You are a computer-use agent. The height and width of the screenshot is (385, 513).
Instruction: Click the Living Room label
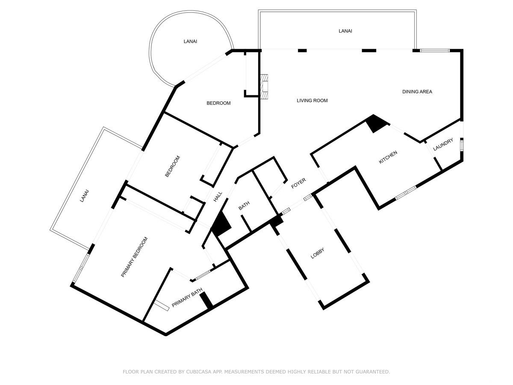[312, 101]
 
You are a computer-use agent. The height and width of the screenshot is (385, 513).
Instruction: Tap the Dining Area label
[417, 92]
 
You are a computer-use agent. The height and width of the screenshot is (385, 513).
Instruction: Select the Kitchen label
[388, 157]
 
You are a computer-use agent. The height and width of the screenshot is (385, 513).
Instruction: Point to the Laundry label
[443, 145]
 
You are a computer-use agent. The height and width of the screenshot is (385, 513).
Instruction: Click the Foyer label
[298, 183]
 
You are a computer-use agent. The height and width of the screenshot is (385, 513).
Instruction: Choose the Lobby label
[317, 253]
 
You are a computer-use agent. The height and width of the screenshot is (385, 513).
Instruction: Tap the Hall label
[218, 197]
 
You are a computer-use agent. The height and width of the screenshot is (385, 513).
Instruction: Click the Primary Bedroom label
[134, 257]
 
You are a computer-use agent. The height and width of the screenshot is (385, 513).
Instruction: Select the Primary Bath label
[187, 298]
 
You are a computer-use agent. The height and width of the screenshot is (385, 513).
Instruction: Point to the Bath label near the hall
[244, 206]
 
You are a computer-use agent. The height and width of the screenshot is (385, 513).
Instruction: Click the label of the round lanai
[190, 41]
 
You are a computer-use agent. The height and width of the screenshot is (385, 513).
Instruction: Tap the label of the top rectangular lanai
[345, 31]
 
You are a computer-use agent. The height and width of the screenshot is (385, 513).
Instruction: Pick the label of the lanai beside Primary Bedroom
[84, 195]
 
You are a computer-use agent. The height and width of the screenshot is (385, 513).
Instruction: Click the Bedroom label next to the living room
[218, 103]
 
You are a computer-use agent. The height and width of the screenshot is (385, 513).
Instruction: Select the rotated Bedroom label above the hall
[173, 166]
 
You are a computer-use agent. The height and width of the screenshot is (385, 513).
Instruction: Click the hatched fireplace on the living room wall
[264, 87]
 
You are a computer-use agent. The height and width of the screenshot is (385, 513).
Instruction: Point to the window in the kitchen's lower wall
[406, 193]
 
